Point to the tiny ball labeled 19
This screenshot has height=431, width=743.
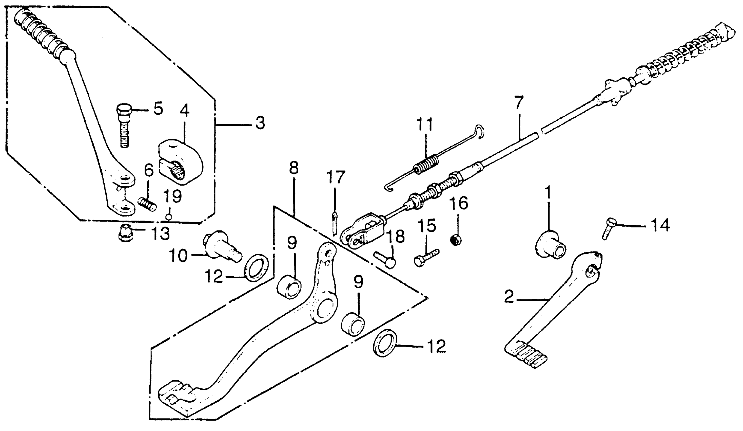pyautogui.click(x=169, y=218)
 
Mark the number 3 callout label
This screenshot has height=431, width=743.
pyautogui.click(x=260, y=124)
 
